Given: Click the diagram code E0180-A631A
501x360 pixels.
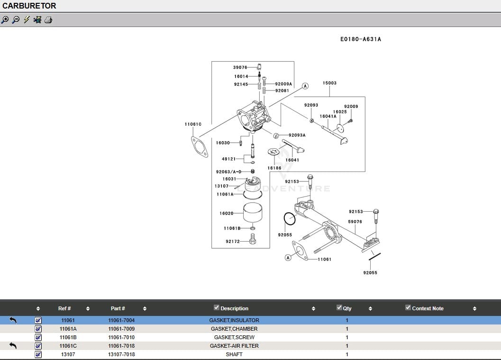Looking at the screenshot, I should [x=360, y=39].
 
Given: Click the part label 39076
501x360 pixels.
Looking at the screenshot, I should [x=240, y=68].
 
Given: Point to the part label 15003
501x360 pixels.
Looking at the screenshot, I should [x=329, y=83].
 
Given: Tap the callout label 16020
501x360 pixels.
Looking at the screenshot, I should [x=226, y=214].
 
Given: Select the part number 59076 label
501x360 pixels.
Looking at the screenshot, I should [x=355, y=222].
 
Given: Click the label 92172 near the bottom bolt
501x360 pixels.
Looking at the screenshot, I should [x=233, y=242].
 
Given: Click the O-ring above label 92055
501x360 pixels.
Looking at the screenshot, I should [x=289, y=219].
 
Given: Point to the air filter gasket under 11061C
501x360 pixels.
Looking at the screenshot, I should [x=200, y=146].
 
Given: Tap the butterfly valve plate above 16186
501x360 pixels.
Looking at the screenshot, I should [x=274, y=152].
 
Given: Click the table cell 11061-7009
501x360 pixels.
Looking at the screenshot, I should [x=121, y=329].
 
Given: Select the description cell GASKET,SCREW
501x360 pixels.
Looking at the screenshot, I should [x=234, y=337].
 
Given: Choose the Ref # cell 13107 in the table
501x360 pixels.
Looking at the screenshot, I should [x=68, y=354].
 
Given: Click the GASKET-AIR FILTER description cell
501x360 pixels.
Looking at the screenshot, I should [x=234, y=346].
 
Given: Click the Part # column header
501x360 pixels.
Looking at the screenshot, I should [x=118, y=308].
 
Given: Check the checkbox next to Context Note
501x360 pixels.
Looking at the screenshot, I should [x=408, y=307].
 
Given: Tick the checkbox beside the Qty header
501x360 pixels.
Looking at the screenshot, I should [x=339, y=307].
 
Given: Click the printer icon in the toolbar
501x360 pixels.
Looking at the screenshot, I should [x=48, y=20].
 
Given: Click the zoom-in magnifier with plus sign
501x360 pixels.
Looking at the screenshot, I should [x=5, y=20].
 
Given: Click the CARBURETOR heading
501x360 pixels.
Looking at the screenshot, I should [x=29, y=6].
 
